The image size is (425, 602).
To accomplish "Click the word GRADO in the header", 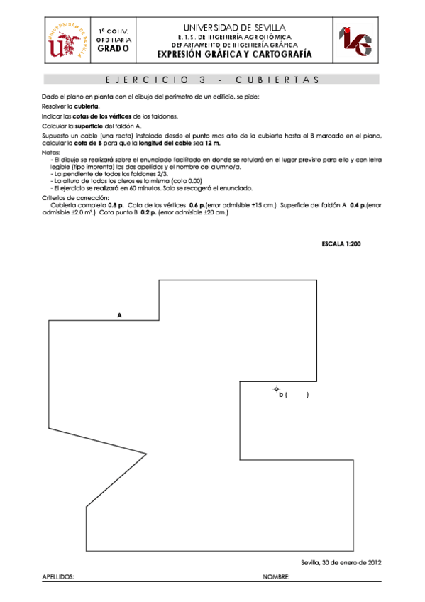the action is coord(114,49).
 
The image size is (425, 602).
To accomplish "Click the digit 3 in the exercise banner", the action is coord(203,80).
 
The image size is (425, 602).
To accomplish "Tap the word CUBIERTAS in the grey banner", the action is coord(277,80).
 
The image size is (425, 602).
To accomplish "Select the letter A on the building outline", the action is coord(119,314).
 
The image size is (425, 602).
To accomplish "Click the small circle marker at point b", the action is coord(276,389).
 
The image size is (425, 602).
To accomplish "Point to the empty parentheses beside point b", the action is coord(297,395).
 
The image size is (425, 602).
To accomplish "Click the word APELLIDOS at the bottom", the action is coord(58,578).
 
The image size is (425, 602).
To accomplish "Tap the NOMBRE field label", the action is coord(276,578).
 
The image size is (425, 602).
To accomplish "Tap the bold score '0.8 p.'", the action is coord(116,204).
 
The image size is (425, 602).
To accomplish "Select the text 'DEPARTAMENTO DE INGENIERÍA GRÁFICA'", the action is coord(233,44).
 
